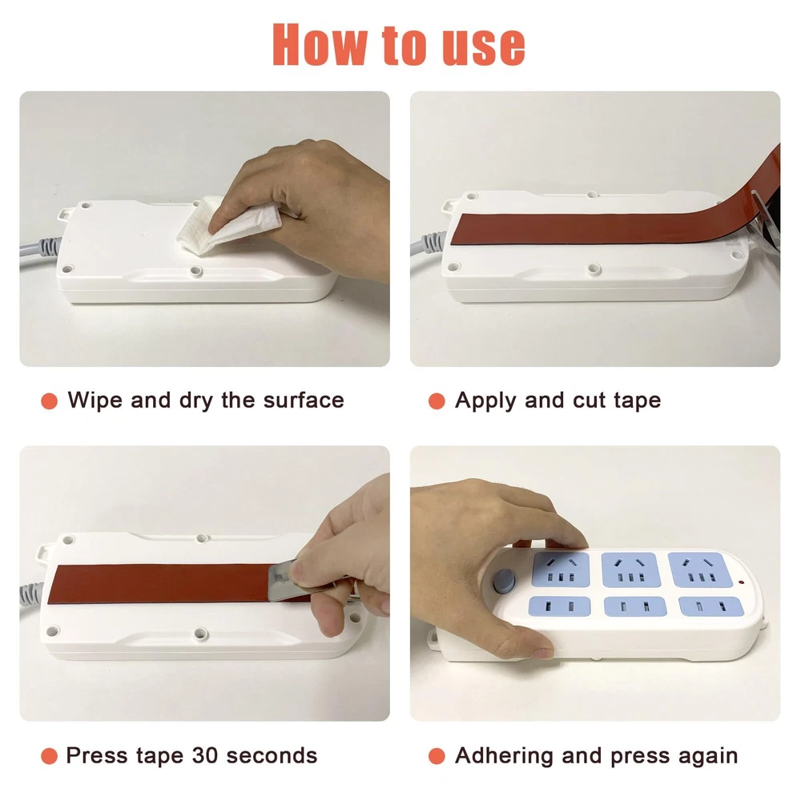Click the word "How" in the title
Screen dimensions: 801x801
pyautogui.click(x=320, y=44)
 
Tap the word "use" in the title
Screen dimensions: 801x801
pyautogui.click(x=484, y=47)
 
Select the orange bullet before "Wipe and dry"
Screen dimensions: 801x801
pyautogui.click(x=49, y=401)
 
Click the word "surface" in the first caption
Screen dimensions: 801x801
pyautogui.click(x=304, y=400)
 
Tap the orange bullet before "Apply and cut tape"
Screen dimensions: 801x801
pyautogui.click(x=437, y=401)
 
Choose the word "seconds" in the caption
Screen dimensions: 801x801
pyautogui.click(x=272, y=755)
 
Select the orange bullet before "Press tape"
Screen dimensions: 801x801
pyautogui.click(x=49, y=756)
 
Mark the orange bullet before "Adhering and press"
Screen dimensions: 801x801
pyautogui.click(x=437, y=756)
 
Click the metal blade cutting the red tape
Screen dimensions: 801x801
pyautogui.click(x=284, y=582)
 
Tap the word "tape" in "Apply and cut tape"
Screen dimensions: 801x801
pyautogui.click(x=638, y=401)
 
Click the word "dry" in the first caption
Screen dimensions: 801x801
pyautogui.click(x=196, y=401)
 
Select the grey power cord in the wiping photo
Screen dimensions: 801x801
pyautogui.click(x=40, y=250)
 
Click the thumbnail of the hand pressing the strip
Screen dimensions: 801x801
pyautogui.click(x=595, y=583)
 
